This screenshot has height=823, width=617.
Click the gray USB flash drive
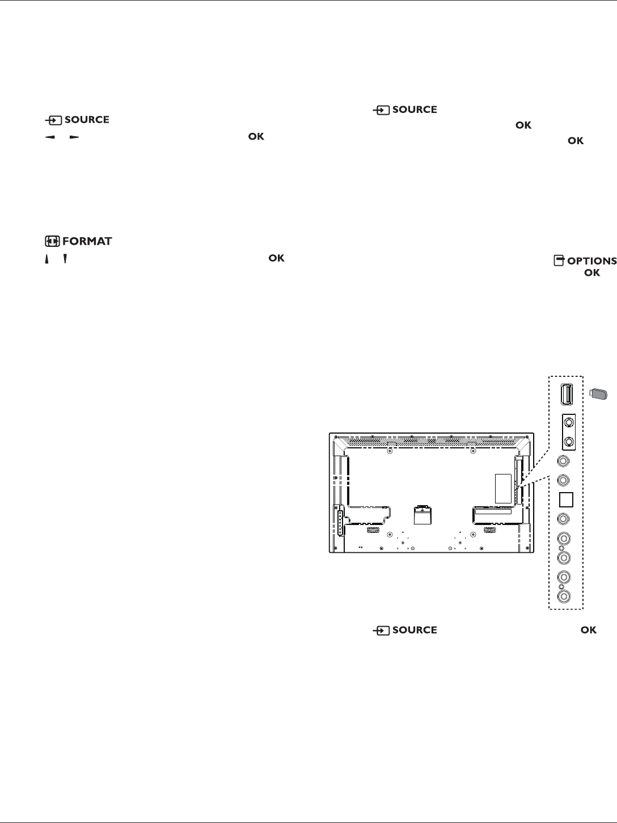click(598, 393)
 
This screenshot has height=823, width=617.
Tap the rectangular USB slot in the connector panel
click(565, 393)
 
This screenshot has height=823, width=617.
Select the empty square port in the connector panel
click(566, 499)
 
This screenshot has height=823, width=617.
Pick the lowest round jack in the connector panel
click(564, 597)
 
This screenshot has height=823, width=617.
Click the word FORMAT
click(87, 242)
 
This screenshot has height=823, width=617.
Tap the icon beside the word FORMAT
click(52, 241)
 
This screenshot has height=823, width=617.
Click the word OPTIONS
click(591, 261)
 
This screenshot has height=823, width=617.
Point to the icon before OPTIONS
click(559, 261)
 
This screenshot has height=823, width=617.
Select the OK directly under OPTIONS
click(591, 273)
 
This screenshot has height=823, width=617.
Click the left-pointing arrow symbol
click(50, 137)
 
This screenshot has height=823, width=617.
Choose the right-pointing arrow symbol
click(74, 137)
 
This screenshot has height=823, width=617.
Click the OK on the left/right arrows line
click(256, 137)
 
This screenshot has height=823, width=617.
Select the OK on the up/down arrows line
click(276, 258)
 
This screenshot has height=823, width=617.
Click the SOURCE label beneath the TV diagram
click(414, 630)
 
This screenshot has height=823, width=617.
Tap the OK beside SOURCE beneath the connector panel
click(589, 630)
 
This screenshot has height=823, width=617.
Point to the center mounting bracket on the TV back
click(420, 513)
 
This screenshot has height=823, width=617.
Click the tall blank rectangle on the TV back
click(503, 488)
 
